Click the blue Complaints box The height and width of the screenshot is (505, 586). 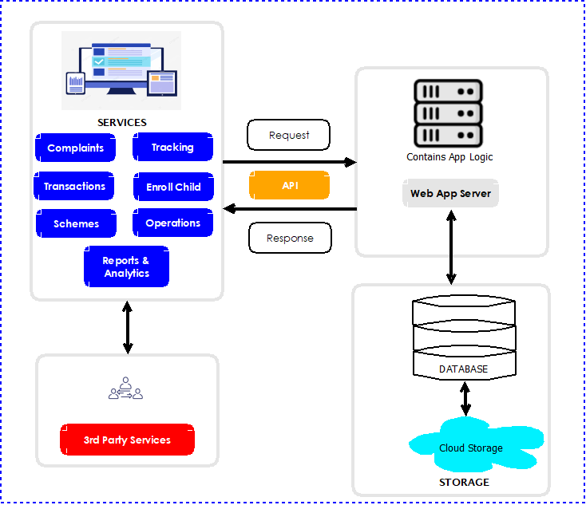pyautogui.click(x=75, y=148)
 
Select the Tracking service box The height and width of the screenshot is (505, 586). pyautogui.click(x=172, y=148)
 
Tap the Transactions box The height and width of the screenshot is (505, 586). pyautogui.click(x=74, y=186)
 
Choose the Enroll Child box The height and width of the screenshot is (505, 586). pyautogui.click(x=173, y=187)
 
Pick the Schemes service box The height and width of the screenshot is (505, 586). pyautogui.click(x=76, y=223)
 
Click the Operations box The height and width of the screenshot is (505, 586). pyautogui.click(x=172, y=223)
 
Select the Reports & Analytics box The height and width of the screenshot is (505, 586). pyautogui.click(x=126, y=266)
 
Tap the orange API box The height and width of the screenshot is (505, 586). pyautogui.click(x=289, y=185)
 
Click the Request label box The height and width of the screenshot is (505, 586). pyautogui.click(x=289, y=135)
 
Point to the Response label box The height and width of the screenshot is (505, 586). pyautogui.click(x=290, y=238)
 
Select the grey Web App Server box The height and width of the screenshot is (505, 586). pyautogui.click(x=450, y=193)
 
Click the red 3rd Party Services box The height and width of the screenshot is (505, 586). pyautogui.click(x=127, y=440)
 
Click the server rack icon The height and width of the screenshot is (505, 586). pyautogui.click(x=448, y=112)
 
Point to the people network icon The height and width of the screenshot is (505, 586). pyautogui.click(x=126, y=389)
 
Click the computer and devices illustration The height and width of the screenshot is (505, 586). pyautogui.click(x=121, y=70)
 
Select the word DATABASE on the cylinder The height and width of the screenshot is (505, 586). pyautogui.click(x=463, y=369)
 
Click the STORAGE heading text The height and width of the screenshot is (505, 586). pyautogui.click(x=464, y=482)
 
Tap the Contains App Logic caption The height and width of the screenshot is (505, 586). pyautogui.click(x=449, y=157)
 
